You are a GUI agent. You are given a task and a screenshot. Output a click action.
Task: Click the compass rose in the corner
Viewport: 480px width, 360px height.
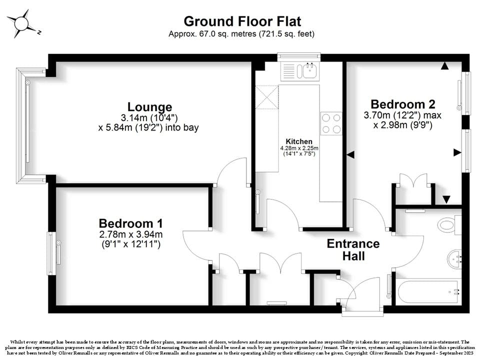(21, 23)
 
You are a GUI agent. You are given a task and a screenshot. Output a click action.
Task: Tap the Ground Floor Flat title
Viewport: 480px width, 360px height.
(242, 21)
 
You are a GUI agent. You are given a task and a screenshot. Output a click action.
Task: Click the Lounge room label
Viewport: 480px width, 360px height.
(149, 107)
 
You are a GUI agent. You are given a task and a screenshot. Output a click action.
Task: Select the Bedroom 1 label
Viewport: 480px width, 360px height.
(130, 223)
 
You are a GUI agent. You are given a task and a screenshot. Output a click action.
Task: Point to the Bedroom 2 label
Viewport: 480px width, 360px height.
(403, 104)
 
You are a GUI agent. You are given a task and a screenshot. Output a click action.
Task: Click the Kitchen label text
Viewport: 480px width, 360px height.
(299, 141)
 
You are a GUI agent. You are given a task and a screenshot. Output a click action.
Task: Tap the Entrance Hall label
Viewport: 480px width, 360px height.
(353, 250)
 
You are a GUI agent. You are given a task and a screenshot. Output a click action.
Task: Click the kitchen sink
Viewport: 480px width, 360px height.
(310, 71)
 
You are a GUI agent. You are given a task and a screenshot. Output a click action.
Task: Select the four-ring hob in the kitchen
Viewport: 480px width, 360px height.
(331, 123)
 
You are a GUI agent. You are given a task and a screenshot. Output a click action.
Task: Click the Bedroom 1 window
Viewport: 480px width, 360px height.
(52, 253)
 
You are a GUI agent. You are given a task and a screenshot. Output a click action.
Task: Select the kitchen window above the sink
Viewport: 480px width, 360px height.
(299, 57)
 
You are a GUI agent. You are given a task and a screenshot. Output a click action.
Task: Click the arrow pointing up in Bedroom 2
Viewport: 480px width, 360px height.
(445, 65)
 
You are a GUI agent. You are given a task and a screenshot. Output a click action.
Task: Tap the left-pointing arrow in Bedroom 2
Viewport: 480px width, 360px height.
(350, 154)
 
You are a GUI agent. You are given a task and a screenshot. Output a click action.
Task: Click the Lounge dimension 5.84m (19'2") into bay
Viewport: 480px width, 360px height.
(148, 127)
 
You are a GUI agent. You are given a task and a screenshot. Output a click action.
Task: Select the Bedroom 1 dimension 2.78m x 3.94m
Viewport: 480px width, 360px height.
(130, 235)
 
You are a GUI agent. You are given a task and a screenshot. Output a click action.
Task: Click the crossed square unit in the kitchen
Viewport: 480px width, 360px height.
(267, 97)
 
